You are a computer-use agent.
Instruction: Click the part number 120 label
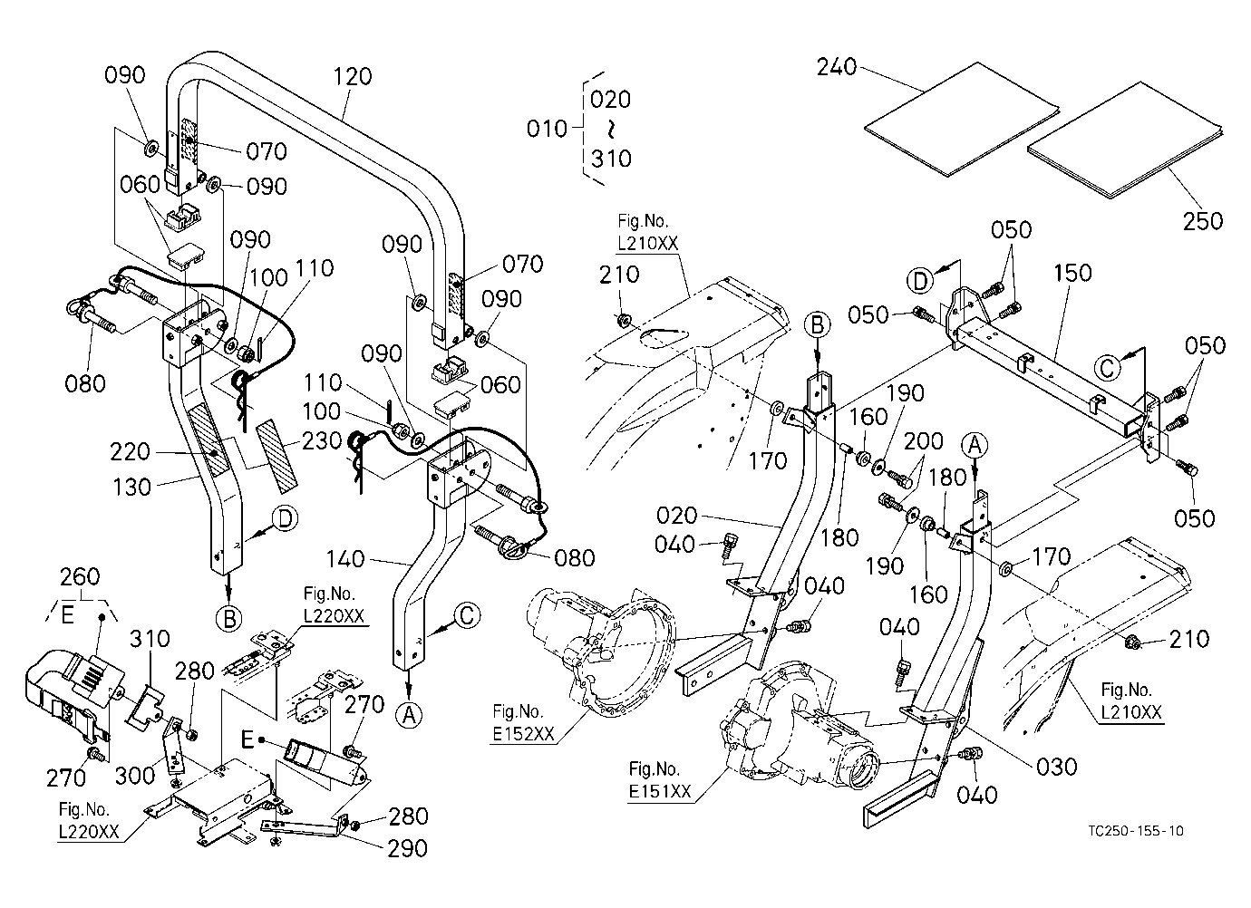pyautogui.click(x=353, y=76)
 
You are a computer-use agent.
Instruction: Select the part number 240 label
pyautogui.click(x=837, y=67)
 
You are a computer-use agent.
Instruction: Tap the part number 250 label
pyautogui.click(x=1203, y=221)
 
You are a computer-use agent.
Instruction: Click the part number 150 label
pyautogui.click(x=1072, y=273)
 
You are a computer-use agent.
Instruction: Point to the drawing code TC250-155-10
pyautogui.click(x=1136, y=831)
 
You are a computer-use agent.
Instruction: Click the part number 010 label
pyautogui.click(x=547, y=129)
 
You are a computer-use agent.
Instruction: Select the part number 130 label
pyautogui.click(x=131, y=487)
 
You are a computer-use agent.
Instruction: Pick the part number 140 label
pyautogui.click(x=345, y=558)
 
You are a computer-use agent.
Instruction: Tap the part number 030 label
pyautogui.click(x=1057, y=767)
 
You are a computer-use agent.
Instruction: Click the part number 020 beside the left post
pyautogui.click(x=677, y=516)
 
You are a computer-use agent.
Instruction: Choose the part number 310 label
pyautogui.click(x=150, y=638)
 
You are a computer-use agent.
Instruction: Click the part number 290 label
pyautogui.click(x=408, y=848)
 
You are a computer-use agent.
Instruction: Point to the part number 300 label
pyautogui.click(x=135, y=776)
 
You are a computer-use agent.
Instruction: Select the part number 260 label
pyautogui.click(x=80, y=575)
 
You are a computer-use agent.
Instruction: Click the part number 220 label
pyautogui.click(x=131, y=452)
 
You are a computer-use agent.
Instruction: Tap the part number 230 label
pyautogui.click(x=322, y=441)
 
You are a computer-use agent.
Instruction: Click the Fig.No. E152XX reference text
pyautogui.click(x=523, y=722)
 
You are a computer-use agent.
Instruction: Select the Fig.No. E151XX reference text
pyautogui.click(x=660, y=780)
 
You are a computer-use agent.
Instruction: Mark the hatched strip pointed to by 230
pyautogui.click(x=276, y=458)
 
